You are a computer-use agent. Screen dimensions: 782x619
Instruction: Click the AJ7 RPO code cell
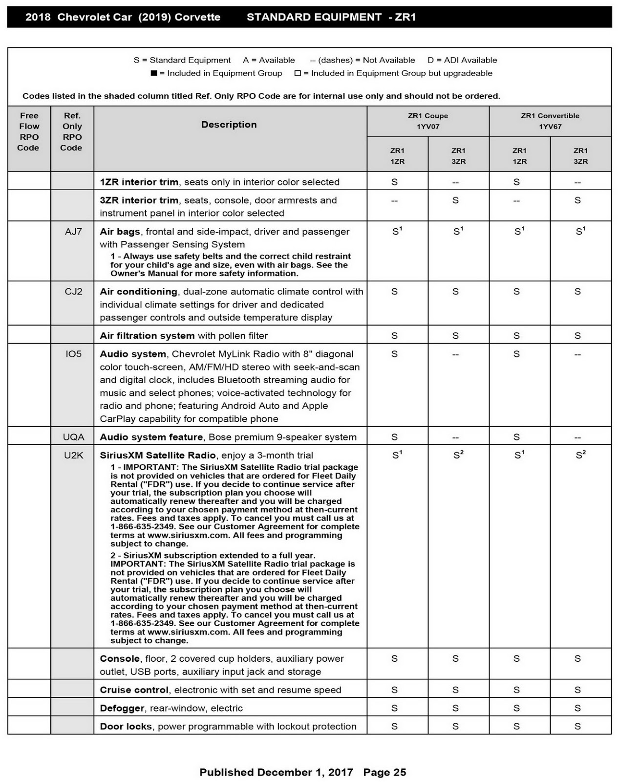(x=73, y=232)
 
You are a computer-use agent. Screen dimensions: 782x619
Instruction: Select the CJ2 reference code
(x=73, y=292)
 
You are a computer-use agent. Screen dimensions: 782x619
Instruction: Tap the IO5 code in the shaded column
(x=73, y=354)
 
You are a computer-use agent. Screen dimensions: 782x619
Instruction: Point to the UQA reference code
(x=73, y=437)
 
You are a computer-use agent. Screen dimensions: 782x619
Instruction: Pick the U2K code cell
(x=73, y=455)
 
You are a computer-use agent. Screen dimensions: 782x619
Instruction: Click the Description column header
(x=229, y=125)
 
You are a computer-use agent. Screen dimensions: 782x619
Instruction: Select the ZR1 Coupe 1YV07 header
(x=427, y=121)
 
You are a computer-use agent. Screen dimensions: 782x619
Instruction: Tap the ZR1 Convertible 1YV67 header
(x=550, y=121)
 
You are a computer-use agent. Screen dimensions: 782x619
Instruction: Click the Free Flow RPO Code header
(x=29, y=131)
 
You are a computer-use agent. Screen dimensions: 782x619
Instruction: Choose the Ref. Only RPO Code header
(x=72, y=131)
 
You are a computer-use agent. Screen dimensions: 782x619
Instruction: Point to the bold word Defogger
(x=122, y=708)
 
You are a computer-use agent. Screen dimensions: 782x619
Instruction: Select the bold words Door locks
(x=126, y=726)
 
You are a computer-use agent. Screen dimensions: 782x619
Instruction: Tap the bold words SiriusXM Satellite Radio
(x=157, y=455)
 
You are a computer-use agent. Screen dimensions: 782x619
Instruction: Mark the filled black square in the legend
(x=154, y=73)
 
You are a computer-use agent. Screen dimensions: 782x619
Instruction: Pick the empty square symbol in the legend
(x=298, y=73)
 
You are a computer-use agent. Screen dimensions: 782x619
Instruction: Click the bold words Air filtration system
(x=147, y=336)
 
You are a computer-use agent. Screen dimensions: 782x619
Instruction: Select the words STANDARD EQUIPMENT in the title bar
(x=314, y=17)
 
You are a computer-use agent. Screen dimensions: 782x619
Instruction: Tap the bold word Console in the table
(x=120, y=659)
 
